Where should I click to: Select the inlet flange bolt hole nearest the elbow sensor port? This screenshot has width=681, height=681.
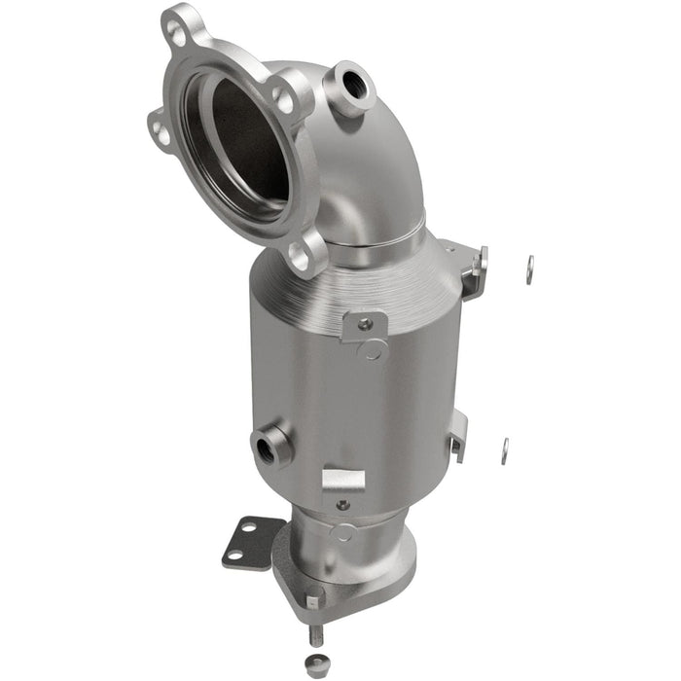[x=283, y=96]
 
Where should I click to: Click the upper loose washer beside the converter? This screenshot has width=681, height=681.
[x=529, y=269]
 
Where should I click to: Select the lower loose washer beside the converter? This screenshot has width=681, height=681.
[x=505, y=449]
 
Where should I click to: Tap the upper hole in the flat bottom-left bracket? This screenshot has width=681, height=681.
[x=247, y=527]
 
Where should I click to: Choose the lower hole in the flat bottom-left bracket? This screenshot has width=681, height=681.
[x=233, y=556]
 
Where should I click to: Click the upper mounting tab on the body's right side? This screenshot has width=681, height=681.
[x=474, y=268]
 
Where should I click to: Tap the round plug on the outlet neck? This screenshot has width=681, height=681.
[x=342, y=533]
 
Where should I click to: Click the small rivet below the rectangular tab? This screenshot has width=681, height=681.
[x=341, y=505]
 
